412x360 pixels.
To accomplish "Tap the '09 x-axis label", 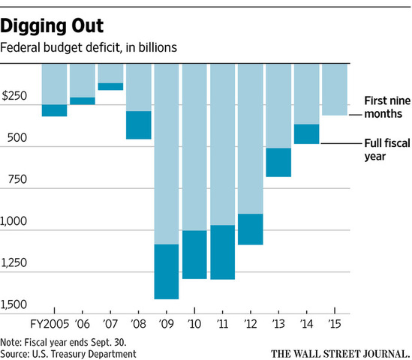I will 167,322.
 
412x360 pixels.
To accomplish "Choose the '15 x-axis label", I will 334,322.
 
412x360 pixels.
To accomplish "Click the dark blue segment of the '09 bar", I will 167,271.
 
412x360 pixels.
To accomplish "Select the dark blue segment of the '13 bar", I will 278,162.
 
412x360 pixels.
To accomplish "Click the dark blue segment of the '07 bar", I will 110,86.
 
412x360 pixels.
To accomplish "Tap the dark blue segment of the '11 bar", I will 222,252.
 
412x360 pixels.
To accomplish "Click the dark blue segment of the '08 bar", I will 138,124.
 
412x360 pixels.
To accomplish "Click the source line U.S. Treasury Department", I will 68,352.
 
